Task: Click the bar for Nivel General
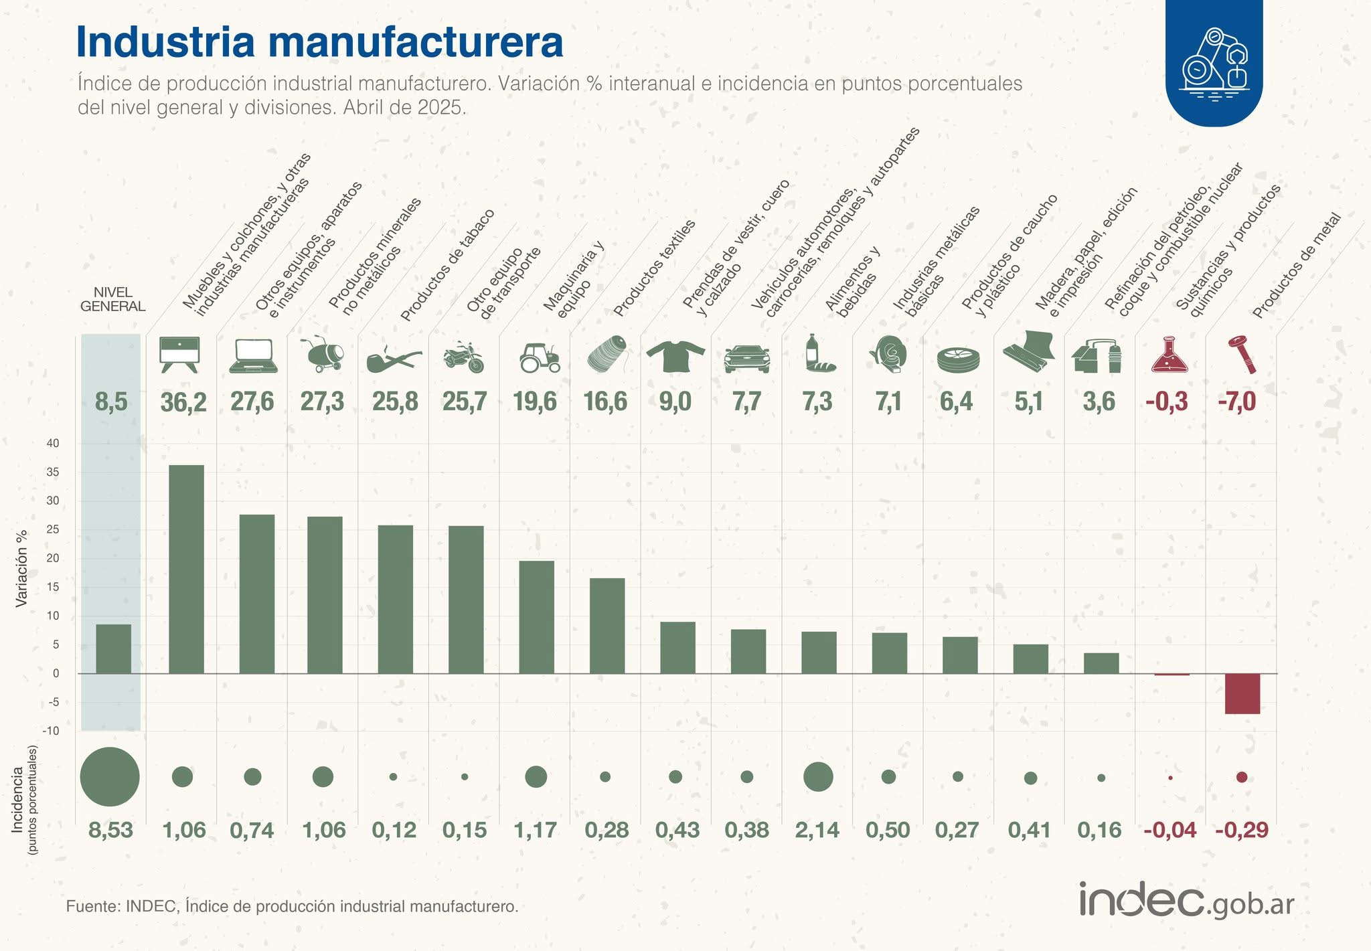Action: (x=113, y=649)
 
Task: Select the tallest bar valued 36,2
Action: (x=187, y=569)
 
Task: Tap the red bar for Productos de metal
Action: (x=1242, y=693)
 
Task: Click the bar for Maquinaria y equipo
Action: (x=537, y=617)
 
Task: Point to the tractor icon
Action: (x=540, y=357)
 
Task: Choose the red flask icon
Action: (x=1170, y=355)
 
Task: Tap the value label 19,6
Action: (x=535, y=402)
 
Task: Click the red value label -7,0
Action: (x=1236, y=402)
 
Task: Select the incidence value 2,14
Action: (x=817, y=830)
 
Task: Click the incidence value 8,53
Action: (x=111, y=830)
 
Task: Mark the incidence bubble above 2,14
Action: (x=818, y=776)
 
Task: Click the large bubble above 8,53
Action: (x=110, y=776)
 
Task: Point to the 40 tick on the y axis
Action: (x=52, y=443)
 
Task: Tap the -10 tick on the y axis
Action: (x=50, y=731)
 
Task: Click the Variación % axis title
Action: (x=21, y=568)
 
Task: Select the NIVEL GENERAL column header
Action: (x=112, y=299)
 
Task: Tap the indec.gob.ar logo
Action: (x=1186, y=901)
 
